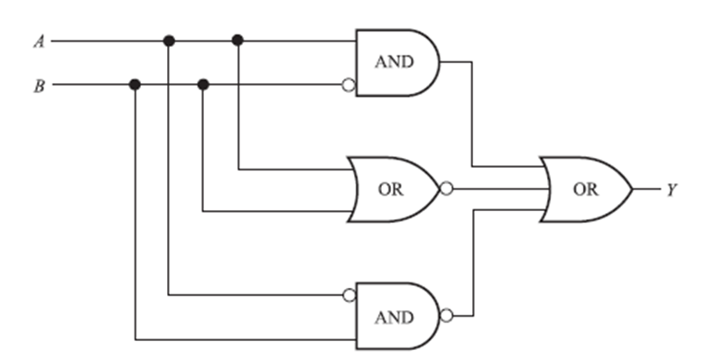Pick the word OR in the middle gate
(x=391, y=190)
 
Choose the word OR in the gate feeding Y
(x=585, y=190)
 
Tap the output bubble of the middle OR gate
(x=446, y=189)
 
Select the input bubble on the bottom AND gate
(x=348, y=295)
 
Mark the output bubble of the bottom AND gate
(x=446, y=316)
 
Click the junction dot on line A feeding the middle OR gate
(x=238, y=41)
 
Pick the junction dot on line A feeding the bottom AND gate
(x=168, y=41)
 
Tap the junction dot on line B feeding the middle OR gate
(x=203, y=85)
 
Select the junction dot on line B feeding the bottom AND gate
(x=135, y=85)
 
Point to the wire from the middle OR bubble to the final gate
(x=497, y=189)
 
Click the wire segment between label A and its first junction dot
(x=108, y=41)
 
